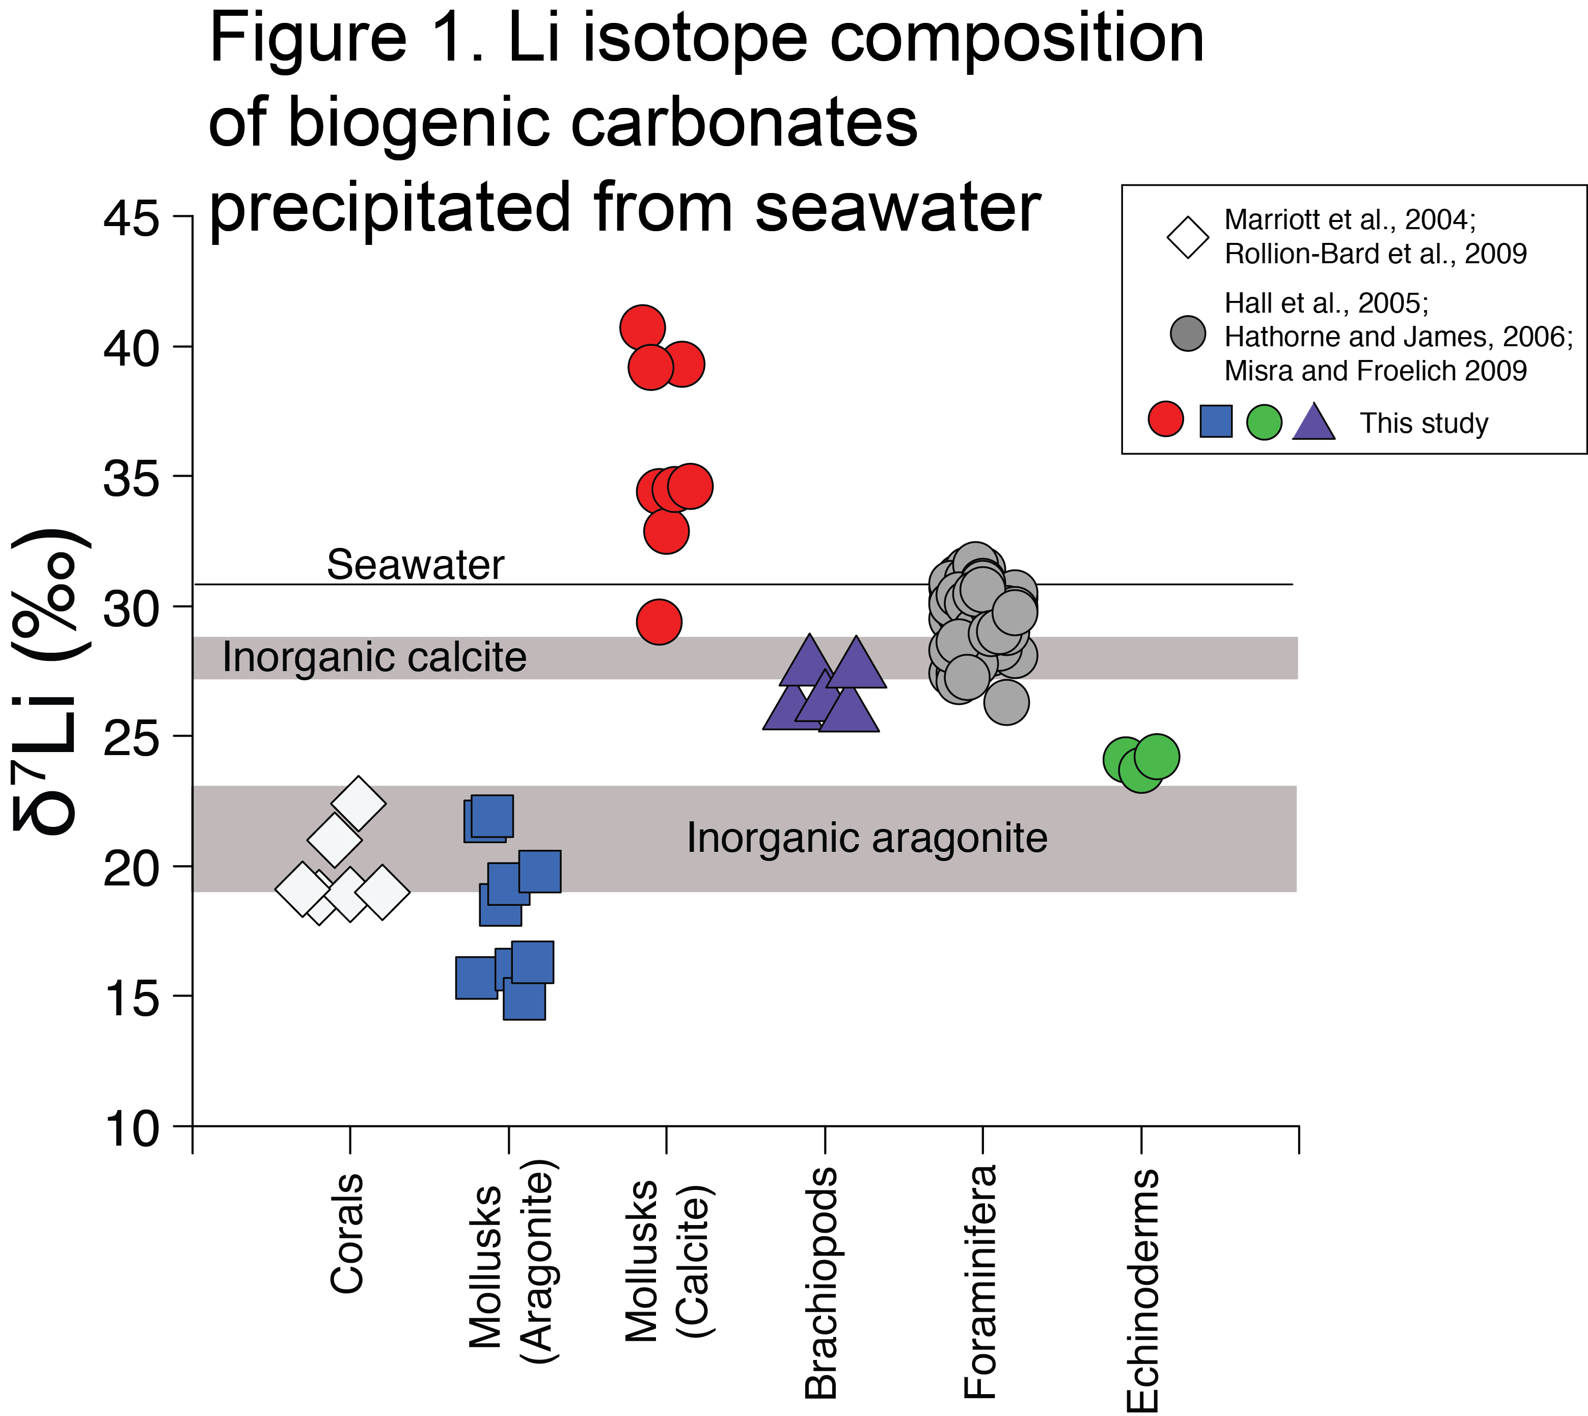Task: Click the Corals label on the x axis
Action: (347, 1233)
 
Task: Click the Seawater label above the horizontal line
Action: (415, 565)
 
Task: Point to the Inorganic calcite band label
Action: (374, 657)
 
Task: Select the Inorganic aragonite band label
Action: (867, 838)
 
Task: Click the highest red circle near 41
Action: (642, 327)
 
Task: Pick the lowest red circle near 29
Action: (659, 622)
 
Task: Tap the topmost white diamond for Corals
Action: (358, 803)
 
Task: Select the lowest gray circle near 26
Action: (1006, 702)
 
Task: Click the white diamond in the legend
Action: (1187, 237)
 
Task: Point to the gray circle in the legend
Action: (1187, 334)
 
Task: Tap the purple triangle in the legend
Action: (1313, 423)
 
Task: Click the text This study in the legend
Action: (1423, 423)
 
